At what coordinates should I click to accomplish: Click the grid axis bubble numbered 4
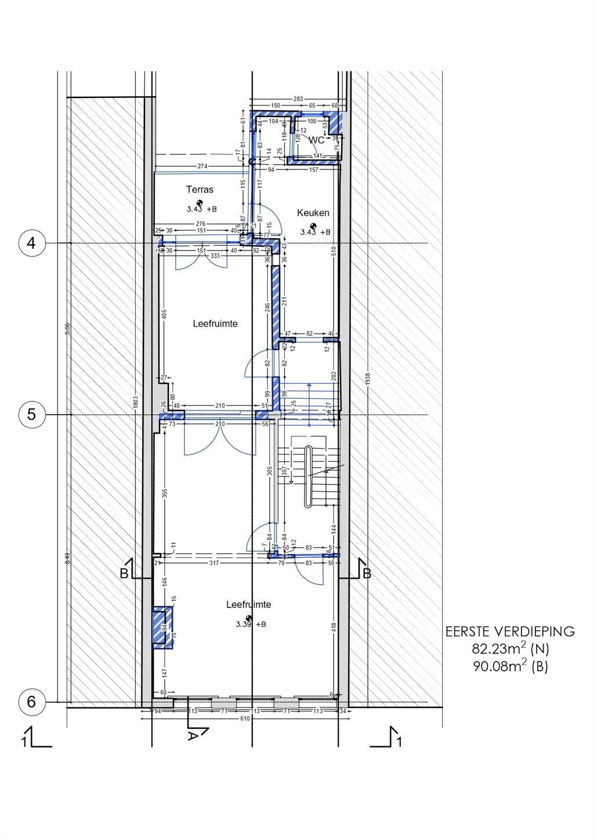(31, 243)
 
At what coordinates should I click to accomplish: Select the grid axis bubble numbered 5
(31, 415)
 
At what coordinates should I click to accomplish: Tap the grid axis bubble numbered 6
(31, 702)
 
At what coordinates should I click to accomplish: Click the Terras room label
(200, 190)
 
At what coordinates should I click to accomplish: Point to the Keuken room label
(313, 213)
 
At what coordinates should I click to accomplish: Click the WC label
(317, 140)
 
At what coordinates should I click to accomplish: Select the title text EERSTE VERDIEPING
(510, 631)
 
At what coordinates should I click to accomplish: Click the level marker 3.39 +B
(251, 624)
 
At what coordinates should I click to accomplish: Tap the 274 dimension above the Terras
(202, 166)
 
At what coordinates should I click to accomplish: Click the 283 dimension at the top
(298, 99)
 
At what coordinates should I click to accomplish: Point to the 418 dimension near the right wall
(333, 627)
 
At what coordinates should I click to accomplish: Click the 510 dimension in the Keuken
(333, 251)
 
